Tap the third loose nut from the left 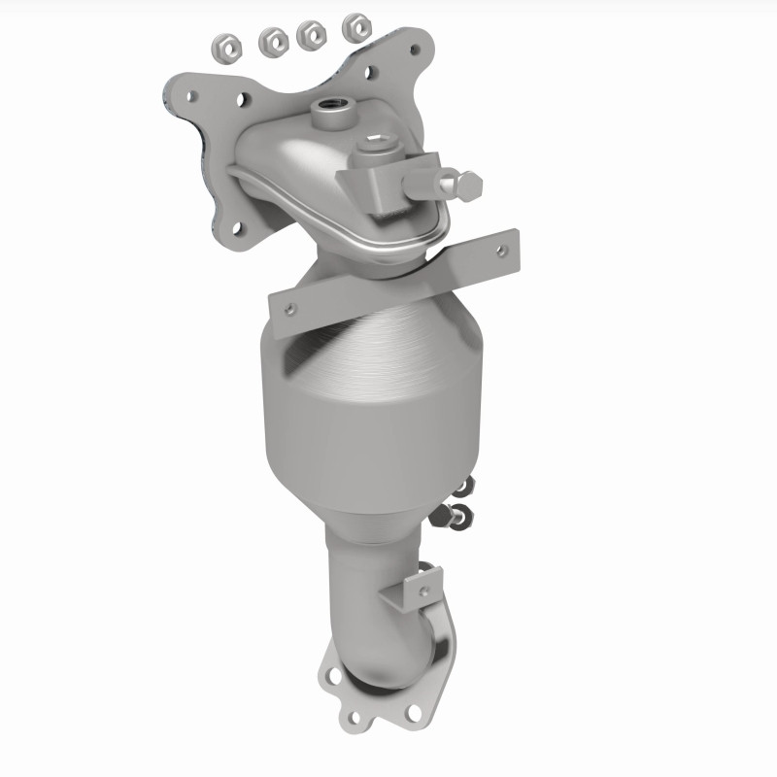tap(312, 33)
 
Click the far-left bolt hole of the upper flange tap(192, 96)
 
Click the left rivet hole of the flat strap tap(287, 309)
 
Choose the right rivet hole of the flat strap tap(500, 251)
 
